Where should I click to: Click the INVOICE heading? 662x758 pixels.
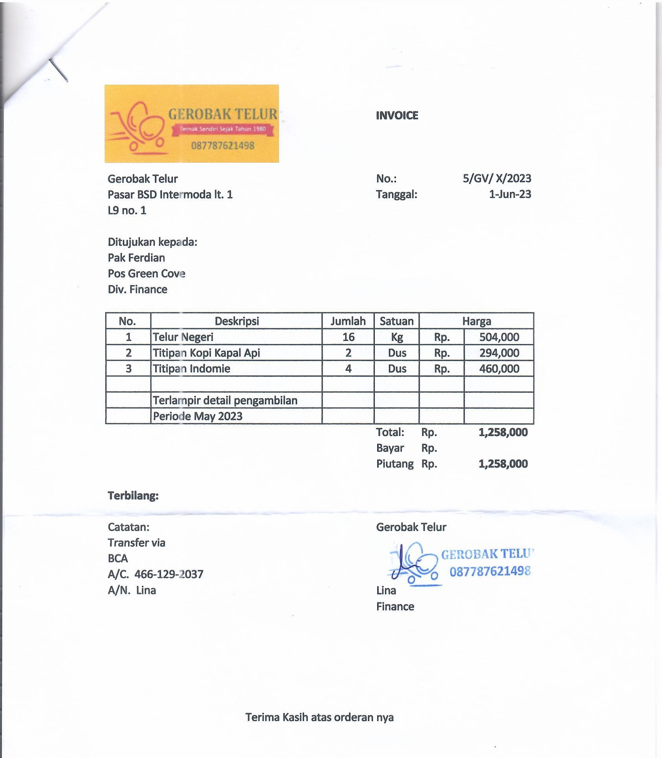point(397,115)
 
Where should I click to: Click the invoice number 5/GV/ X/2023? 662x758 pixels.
point(497,179)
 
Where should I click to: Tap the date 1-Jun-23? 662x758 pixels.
point(510,194)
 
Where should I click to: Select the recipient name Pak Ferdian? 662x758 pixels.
point(136,258)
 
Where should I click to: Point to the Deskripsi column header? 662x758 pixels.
point(237,321)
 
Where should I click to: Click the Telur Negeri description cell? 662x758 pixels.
point(183,337)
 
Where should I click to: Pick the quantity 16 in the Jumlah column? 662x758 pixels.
point(348,337)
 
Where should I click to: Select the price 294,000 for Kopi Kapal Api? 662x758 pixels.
point(499,353)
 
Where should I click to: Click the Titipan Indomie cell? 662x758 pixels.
point(191,369)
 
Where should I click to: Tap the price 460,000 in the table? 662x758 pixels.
point(499,369)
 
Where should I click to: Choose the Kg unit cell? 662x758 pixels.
point(397,337)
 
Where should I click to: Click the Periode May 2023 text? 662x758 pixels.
point(198,416)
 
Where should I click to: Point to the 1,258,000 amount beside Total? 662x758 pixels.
point(503,432)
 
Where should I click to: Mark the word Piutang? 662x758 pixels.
point(394,464)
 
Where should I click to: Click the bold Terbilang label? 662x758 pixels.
point(133,496)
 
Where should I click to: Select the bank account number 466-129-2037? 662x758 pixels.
point(169,575)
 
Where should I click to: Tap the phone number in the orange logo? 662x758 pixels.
point(223,146)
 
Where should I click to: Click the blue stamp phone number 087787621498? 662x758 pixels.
point(490,571)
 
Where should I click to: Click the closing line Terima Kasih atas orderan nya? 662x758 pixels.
point(319,718)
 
